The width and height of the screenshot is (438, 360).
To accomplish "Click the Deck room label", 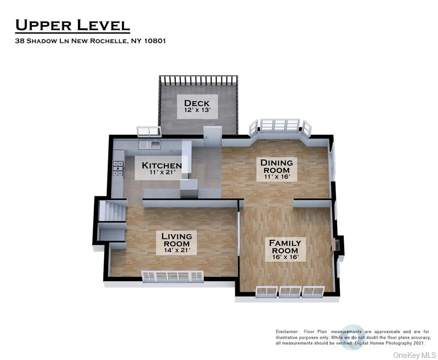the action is click(197, 106).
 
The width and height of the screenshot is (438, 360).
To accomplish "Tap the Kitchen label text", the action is click(162, 165).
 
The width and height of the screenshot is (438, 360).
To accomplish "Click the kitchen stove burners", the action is click(118, 169).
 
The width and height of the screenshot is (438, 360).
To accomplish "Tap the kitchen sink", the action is click(155, 145).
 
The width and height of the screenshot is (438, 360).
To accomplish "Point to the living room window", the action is click(172, 276).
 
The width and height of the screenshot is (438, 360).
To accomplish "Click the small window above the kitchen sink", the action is click(149, 131).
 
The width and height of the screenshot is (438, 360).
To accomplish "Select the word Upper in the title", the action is click(43, 25).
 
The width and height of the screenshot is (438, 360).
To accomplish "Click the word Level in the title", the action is click(103, 25).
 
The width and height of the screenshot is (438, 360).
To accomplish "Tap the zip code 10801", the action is click(155, 41).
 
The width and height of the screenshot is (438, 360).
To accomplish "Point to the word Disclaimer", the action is click(287, 332).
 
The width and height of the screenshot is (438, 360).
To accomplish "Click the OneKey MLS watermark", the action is click(414, 355).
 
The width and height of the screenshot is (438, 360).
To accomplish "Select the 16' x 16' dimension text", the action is click(285, 257).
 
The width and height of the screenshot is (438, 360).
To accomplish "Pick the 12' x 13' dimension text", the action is click(197, 110).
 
